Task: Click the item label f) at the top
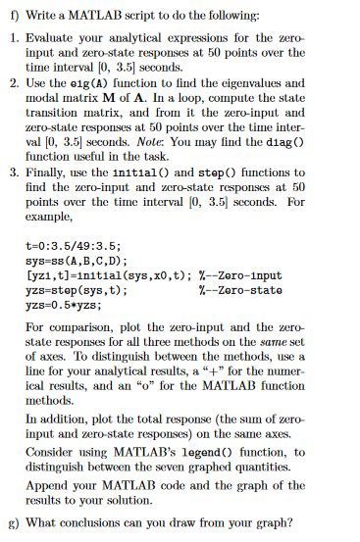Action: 11,12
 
